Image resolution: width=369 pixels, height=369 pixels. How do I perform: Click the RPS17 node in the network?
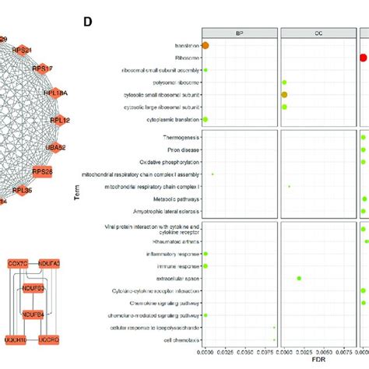click(44, 69)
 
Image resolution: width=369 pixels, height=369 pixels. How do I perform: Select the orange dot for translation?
click(206, 46)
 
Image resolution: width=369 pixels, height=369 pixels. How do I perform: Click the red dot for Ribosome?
click(364, 58)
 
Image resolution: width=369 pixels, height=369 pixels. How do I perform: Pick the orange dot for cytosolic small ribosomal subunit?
click(285, 94)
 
